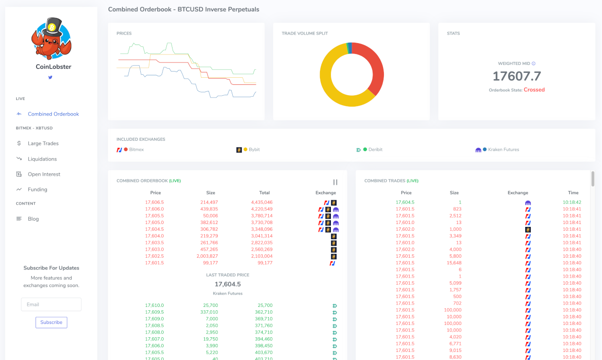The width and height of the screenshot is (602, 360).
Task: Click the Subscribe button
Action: pyautogui.click(x=51, y=323)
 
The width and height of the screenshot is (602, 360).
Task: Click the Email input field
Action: pyautogui.click(x=51, y=305)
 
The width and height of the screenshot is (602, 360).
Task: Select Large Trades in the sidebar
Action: pyautogui.click(x=43, y=144)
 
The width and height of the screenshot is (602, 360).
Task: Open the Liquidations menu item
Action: pyautogui.click(x=42, y=159)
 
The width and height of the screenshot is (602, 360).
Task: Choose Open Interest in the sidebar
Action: pyautogui.click(x=44, y=174)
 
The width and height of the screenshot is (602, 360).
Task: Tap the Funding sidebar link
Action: pyautogui.click(x=37, y=189)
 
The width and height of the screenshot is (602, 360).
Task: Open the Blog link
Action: pyautogui.click(x=33, y=219)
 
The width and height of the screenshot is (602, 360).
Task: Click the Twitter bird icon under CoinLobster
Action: pyautogui.click(x=50, y=77)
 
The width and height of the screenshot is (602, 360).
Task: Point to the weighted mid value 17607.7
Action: pyautogui.click(x=517, y=76)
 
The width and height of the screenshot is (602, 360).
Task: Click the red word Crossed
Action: pyautogui.click(x=534, y=90)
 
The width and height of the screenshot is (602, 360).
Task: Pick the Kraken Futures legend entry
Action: pyautogui.click(x=503, y=150)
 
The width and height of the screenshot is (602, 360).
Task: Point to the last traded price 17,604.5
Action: pyautogui.click(x=228, y=284)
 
